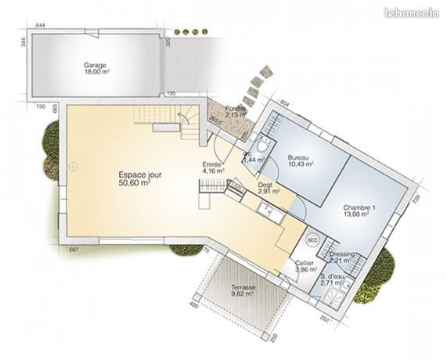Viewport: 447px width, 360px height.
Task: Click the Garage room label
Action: pyautogui.click(x=96, y=67)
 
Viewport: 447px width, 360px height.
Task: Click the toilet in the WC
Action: pyautogui.click(x=265, y=149)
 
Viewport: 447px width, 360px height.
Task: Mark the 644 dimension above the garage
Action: pyautogui.click(x=41, y=27)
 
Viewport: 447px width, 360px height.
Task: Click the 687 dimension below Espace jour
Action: pyautogui.click(x=74, y=249)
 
